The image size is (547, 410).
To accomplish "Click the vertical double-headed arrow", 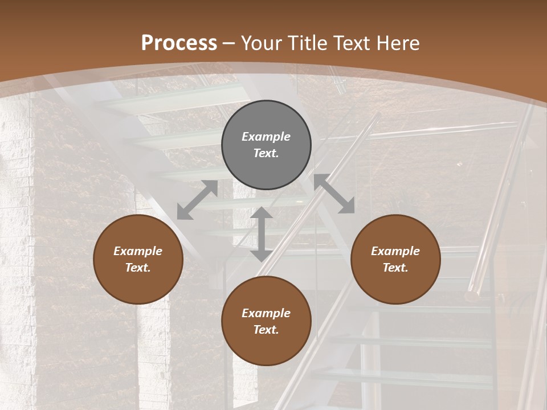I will tap(262, 234).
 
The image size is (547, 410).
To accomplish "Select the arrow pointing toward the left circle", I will tap(197, 200).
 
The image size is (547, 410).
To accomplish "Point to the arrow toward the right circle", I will tap(334, 194).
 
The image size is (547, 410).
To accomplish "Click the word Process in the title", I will tap(179, 43).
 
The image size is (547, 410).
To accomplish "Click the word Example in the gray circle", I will tap(266, 137).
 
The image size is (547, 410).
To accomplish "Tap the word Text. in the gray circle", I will tap(266, 153).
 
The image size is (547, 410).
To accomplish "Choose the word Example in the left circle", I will tap(138, 251).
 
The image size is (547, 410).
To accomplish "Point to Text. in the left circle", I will tap(138, 268).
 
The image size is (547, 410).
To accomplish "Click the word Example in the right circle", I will tap(395, 251).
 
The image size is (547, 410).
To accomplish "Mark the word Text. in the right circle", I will tap(395, 268).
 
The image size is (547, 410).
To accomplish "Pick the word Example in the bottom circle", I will tap(266, 313).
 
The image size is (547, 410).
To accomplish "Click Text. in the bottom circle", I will tap(266, 330).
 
